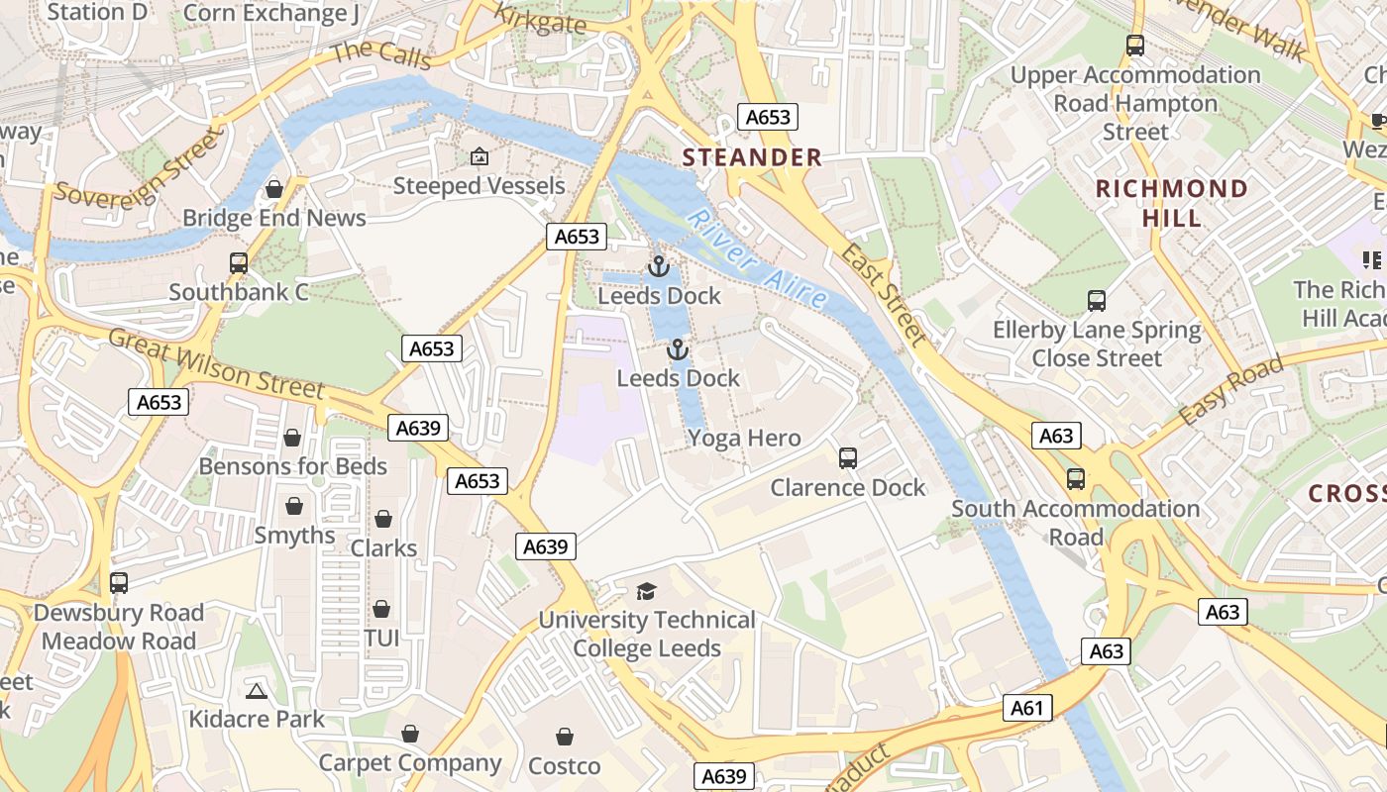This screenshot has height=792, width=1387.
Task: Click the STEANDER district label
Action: click(x=752, y=157)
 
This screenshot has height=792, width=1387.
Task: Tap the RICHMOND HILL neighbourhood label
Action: click(x=1172, y=203)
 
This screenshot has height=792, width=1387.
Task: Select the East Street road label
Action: click(x=884, y=295)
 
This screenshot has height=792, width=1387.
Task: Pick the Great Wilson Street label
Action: click(x=216, y=363)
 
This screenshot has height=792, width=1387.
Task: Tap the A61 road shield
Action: click(x=1027, y=708)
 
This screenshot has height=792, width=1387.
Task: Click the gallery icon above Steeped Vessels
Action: click(x=480, y=156)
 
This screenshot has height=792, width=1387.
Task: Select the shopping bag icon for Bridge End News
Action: click(x=274, y=189)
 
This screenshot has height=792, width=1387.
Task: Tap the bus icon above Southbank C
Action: click(x=239, y=263)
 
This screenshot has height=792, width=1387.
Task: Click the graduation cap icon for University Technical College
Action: click(x=647, y=591)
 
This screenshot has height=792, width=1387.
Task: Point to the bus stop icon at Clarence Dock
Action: click(x=848, y=458)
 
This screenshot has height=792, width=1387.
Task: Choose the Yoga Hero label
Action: click(x=744, y=438)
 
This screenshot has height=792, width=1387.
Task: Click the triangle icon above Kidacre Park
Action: click(x=257, y=690)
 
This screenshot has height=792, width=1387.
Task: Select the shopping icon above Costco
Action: click(x=565, y=737)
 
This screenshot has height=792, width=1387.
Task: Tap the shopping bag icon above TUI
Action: click(x=381, y=609)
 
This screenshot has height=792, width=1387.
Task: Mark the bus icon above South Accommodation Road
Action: click(x=1076, y=479)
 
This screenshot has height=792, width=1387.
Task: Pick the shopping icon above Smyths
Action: click(x=294, y=507)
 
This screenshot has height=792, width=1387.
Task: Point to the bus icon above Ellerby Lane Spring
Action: click(x=1097, y=301)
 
